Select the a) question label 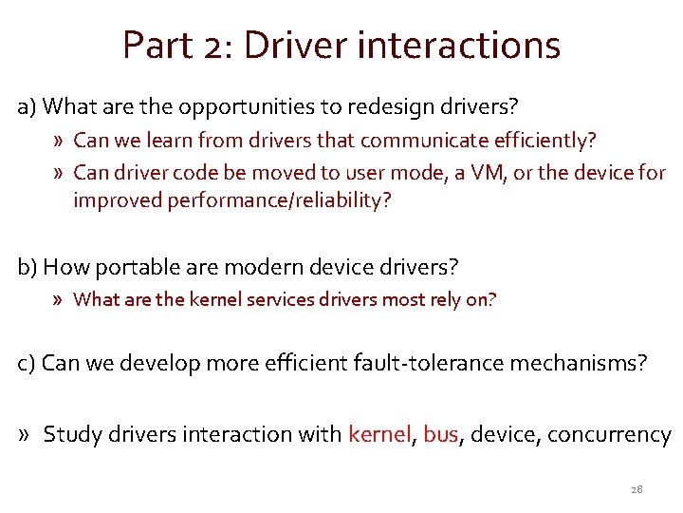[28, 104]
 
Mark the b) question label [28, 265]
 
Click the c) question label [28, 362]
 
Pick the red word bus [440, 434]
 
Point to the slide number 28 [637, 489]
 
